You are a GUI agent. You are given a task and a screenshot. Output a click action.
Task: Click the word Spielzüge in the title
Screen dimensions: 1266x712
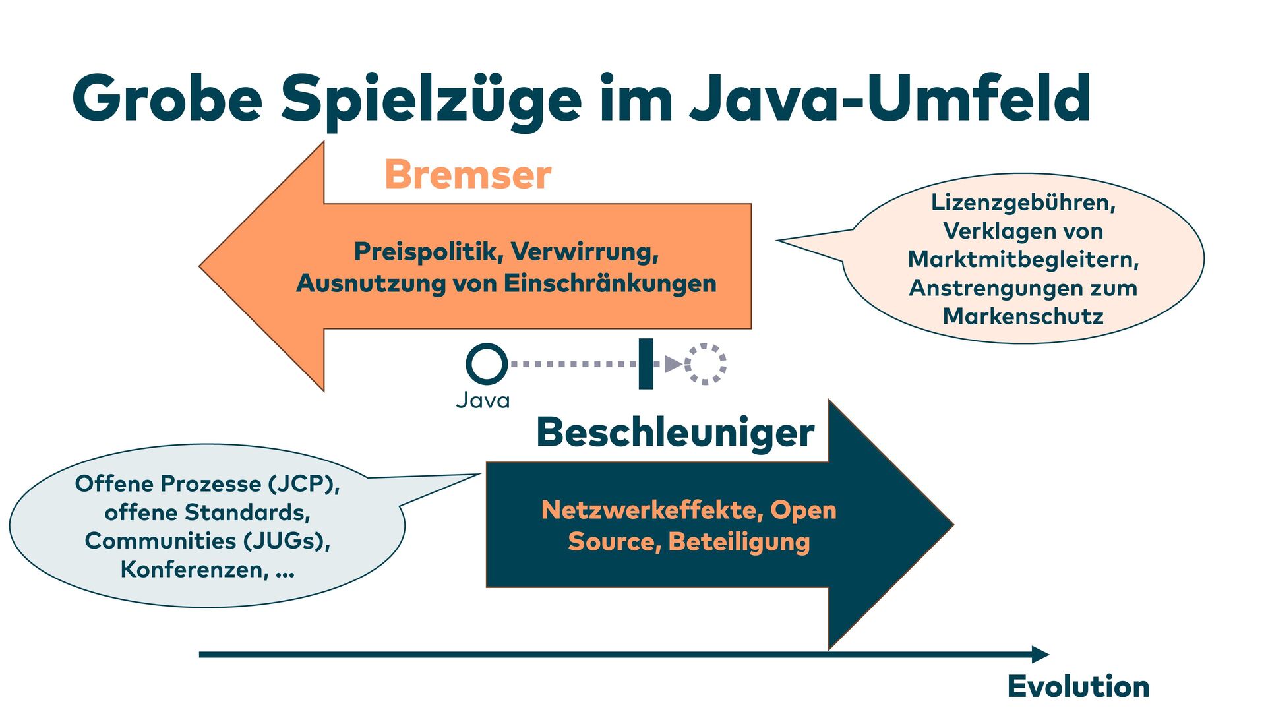point(431,99)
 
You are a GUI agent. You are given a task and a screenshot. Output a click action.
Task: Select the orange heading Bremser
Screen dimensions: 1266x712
point(467,175)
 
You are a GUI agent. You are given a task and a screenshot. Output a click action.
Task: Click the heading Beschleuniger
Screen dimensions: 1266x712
point(675,432)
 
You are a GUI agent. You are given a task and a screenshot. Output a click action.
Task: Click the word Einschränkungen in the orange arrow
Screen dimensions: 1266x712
point(610,283)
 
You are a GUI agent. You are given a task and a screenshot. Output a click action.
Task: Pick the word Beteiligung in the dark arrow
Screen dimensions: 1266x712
point(738,542)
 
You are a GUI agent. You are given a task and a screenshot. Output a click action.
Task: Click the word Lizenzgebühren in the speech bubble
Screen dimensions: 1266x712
point(1023,202)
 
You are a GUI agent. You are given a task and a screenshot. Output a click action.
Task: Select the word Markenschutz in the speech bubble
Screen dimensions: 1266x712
point(1023,316)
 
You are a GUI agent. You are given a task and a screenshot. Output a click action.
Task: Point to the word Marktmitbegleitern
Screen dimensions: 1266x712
point(1023,260)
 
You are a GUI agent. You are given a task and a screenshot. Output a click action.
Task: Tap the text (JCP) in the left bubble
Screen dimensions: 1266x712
point(303,484)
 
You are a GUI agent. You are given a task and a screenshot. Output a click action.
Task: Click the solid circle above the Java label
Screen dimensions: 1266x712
point(487,363)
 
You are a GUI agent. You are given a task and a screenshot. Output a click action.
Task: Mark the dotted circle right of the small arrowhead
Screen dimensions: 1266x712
point(705,364)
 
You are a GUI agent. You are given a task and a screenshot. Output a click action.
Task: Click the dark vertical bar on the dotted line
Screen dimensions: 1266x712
point(646,364)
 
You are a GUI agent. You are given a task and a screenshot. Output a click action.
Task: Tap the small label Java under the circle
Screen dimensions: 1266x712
point(483,400)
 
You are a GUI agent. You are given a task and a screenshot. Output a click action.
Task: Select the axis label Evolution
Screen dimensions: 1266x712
point(1078,686)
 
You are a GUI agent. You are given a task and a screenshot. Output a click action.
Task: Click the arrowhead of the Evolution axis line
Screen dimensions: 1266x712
point(1040,655)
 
